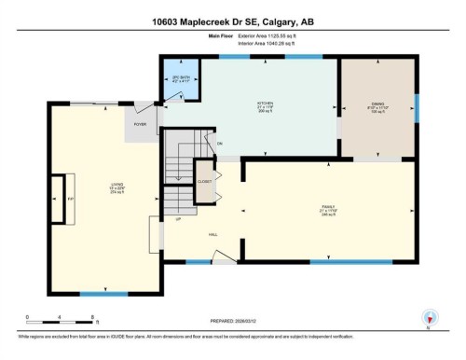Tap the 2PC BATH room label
pyautogui.click(x=180, y=79)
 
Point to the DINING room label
pyautogui.click(x=377, y=104)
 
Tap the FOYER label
pyautogui.click(x=142, y=123)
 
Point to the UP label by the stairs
pyautogui.click(x=178, y=220)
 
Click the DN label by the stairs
pyautogui.click(x=221, y=143)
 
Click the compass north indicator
pyautogui.click(x=429, y=318)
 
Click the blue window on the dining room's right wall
pyautogui.click(x=417, y=109)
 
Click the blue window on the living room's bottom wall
pyautogui.click(x=91, y=295)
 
